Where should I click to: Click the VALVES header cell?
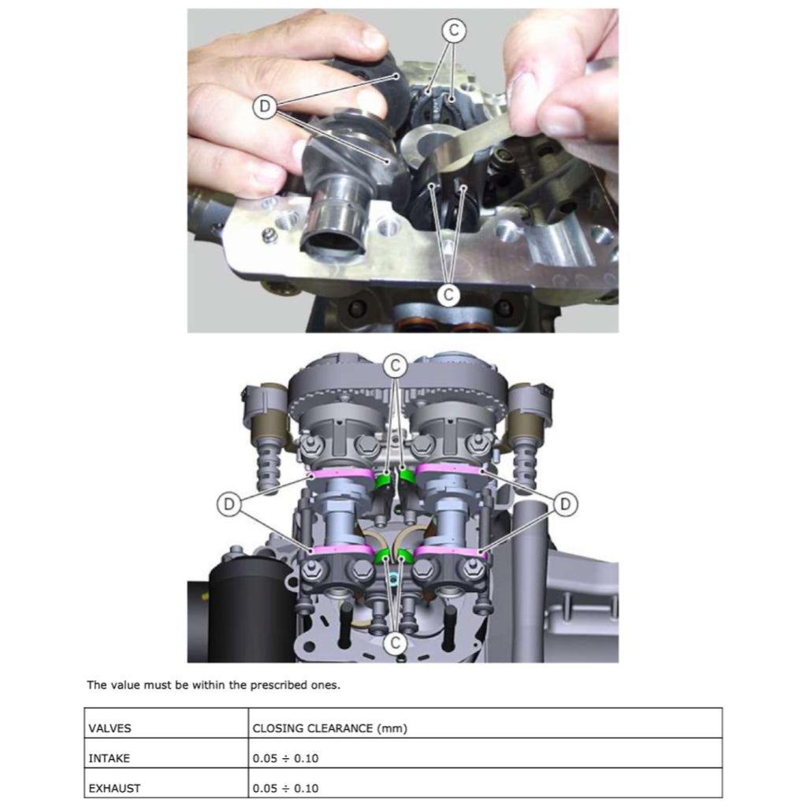coord(109,728)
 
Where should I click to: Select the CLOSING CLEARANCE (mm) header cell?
coord(329,728)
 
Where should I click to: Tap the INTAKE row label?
coord(109,758)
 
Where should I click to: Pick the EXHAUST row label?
coord(114,787)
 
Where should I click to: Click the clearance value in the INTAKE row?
coord(286,758)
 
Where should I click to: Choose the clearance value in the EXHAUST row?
coord(286,787)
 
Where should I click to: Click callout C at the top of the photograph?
coord(453,31)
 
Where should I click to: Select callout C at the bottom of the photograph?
coord(448,294)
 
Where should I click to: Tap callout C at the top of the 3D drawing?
coord(396,365)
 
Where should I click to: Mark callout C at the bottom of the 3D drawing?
coord(396,643)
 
